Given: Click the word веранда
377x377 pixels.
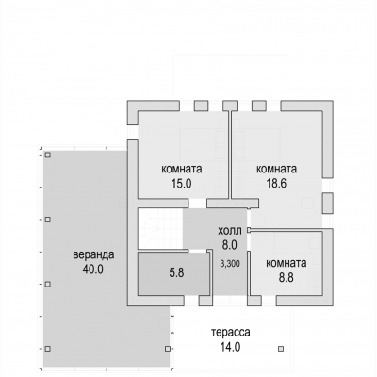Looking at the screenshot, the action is click(93, 254).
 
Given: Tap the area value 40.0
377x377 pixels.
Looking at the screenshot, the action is click(92, 270).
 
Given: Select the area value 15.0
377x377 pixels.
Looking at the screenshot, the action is click(181, 184).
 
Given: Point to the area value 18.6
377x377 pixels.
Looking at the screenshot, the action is click(276, 184).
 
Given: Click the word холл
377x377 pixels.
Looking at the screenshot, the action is click(230, 231).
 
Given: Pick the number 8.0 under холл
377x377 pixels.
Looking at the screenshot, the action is click(230, 245).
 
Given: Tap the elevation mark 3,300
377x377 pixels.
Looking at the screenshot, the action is click(230, 264).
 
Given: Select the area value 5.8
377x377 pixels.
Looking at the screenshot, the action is click(176, 272).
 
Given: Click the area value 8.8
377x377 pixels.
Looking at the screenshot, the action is click(287, 277).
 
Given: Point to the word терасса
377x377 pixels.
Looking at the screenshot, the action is click(231, 333).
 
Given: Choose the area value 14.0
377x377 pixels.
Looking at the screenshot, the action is click(230, 347).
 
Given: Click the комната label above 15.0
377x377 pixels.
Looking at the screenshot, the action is click(182, 170).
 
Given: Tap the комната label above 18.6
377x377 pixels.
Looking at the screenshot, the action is click(277, 170).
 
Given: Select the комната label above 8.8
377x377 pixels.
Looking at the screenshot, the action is click(287, 263).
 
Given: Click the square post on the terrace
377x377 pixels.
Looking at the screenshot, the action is click(281, 349).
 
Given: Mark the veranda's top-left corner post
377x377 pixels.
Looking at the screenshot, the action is click(47, 155).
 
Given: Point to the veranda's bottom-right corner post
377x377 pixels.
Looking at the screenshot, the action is click(168, 349).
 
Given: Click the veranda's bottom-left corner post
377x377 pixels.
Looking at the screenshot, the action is click(47, 349).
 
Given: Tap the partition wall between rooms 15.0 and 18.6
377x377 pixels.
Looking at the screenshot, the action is click(230, 155).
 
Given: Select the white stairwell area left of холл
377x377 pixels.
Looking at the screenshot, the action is click(160, 228).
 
